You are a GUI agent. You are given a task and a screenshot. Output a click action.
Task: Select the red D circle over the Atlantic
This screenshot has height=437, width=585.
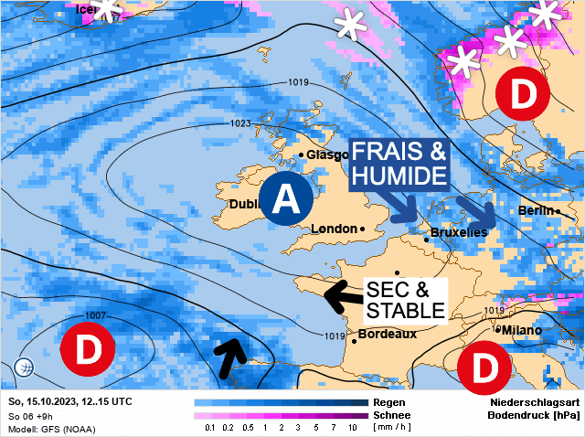(88, 350)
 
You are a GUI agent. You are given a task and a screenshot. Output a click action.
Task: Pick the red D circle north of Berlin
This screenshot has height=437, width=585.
(522, 92)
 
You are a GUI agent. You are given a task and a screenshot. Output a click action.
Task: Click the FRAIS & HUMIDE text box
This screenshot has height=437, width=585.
(399, 162)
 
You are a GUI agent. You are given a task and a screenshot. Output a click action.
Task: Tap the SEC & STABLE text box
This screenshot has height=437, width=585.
(405, 299)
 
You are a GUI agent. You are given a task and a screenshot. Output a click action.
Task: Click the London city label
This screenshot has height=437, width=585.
(335, 229)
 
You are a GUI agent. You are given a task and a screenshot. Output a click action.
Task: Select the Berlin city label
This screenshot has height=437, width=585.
(536, 210)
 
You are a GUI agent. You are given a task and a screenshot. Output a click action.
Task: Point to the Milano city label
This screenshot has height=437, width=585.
(522, 329)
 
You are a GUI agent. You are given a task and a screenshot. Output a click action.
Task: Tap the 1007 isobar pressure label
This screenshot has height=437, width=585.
(94, 315)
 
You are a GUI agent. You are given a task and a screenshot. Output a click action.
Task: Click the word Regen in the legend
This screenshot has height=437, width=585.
(390, 402)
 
